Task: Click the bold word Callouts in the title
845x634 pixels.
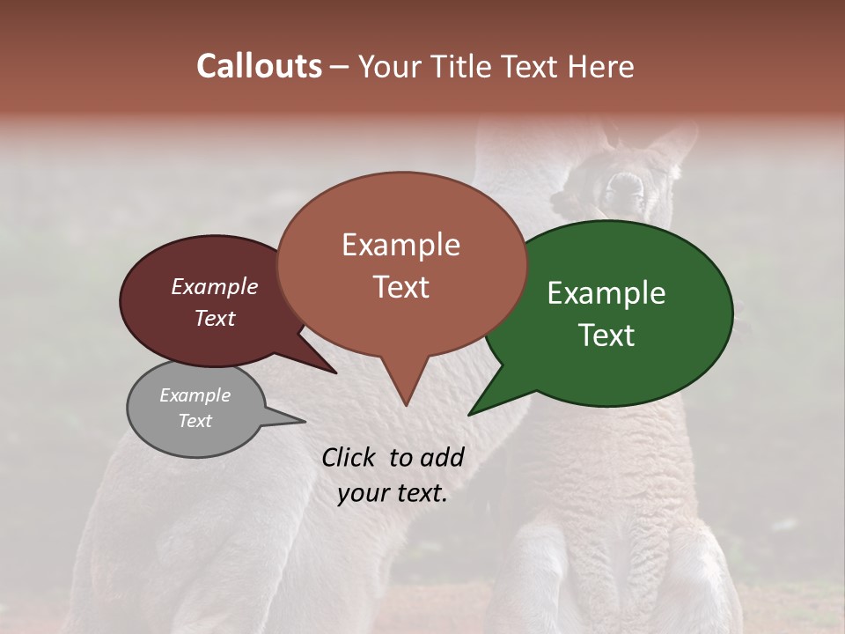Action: tap(259, 66)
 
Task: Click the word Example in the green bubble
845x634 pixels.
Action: tap(606, 293)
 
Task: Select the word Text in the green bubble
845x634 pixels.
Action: tap(606, 335)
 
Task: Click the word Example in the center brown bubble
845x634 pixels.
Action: tap(400, 245)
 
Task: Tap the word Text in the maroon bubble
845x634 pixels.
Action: tap(214, 318)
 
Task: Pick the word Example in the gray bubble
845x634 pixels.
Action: tap(195, 395)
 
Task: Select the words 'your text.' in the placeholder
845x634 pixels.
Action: tap(393, 493)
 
